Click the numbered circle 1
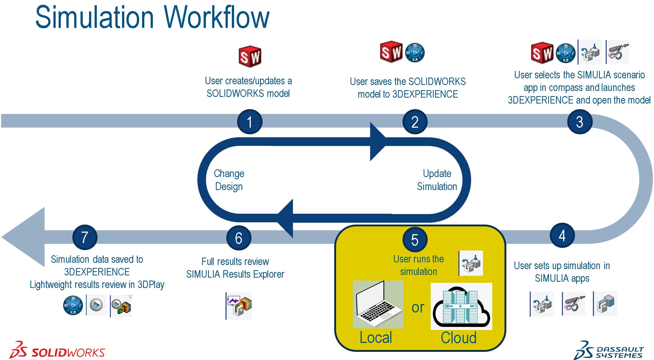(x=250, y=122)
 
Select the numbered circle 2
(x=415, y=122)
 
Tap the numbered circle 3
(x=579, y=122)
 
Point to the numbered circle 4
(x=562, y=235)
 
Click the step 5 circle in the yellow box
(x=415, y=239)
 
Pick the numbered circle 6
(x=239, y=238)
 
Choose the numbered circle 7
(x=85, y=237)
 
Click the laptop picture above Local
(x=378, y=304)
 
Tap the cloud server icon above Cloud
(x=461, y=306)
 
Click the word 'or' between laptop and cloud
(x=418, y=308)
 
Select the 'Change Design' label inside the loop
(x=229, y=180)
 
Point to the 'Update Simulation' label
(x=437, y=180)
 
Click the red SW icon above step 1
(x=250, y=56)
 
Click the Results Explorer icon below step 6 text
(x=239, y=306)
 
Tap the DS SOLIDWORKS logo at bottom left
(x=57, y=350)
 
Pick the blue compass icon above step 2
(x=414, y=53)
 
